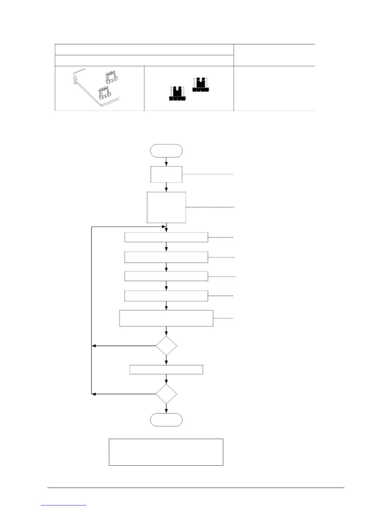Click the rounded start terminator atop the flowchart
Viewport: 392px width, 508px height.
[166, 151]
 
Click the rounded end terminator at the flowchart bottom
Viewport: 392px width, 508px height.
[166, 420]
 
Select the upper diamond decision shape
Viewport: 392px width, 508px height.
[166, 346]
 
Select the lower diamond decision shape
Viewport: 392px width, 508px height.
[166, 394]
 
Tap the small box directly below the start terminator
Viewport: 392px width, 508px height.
[166, 174]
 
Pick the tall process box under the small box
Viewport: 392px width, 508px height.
[166, 207]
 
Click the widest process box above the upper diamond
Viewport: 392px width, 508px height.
[166, 318]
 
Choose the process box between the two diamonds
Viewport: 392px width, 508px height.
[166, 369]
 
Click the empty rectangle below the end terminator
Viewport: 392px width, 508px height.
[166, 452]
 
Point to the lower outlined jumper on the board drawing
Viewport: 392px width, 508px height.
[104, 93]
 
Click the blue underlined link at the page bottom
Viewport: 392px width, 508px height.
[63, 505]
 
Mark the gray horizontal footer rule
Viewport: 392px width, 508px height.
[196, 488]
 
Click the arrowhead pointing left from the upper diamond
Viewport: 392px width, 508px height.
[94, 346]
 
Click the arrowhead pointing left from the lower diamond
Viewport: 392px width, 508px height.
[94, 394]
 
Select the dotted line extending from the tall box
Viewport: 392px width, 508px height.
[210, 207]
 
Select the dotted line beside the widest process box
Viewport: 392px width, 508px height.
[224, 318]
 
